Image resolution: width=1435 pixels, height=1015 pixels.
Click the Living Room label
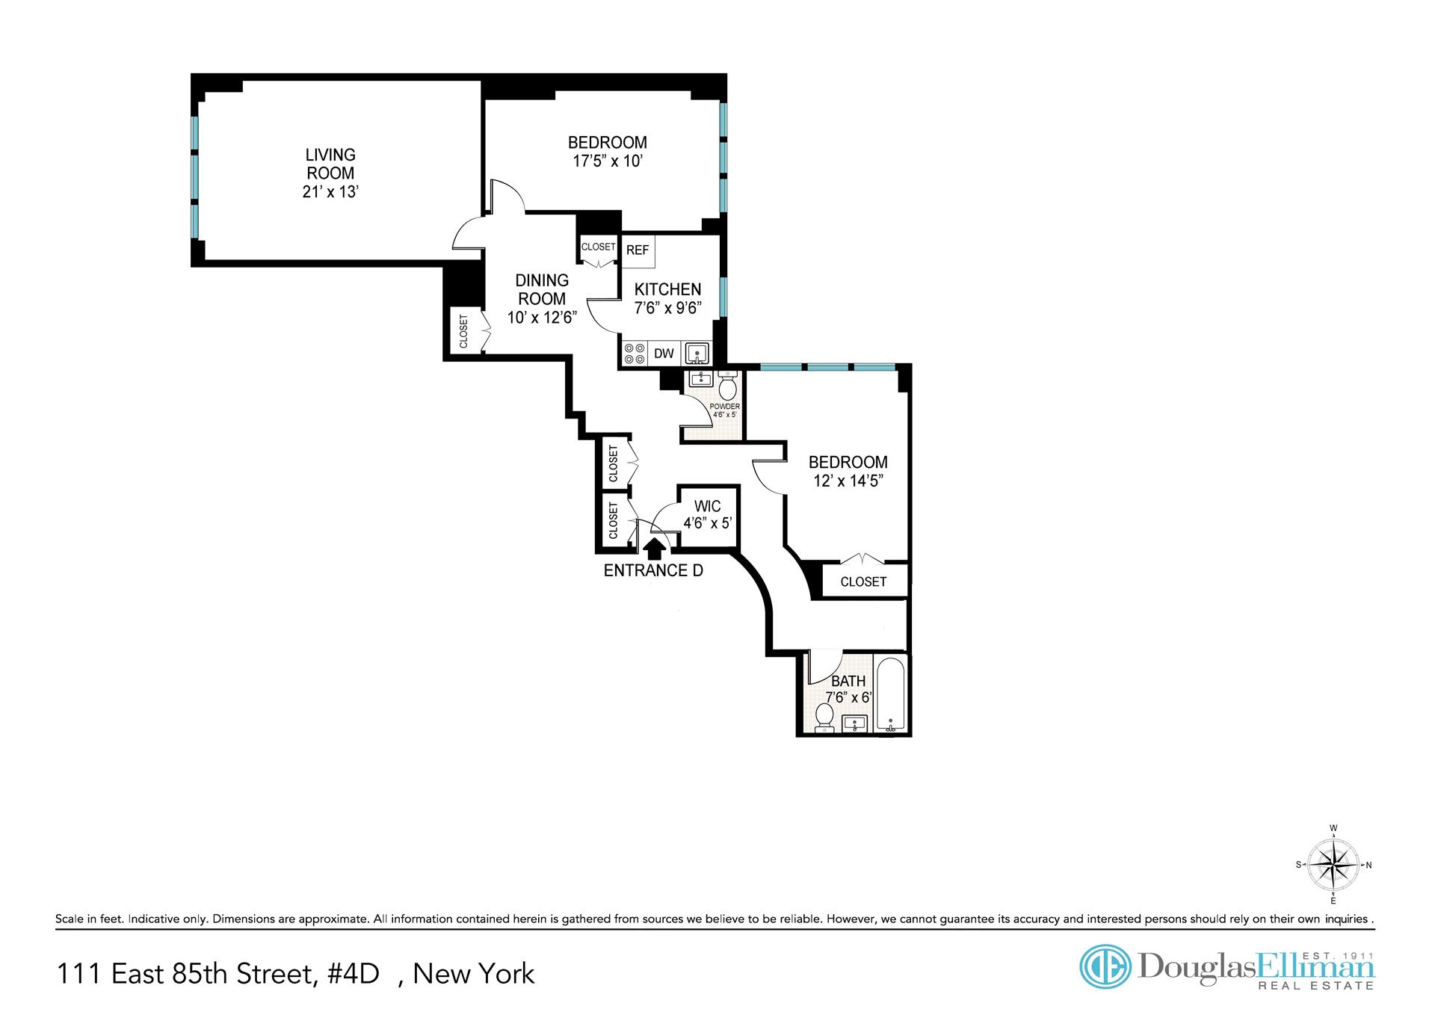tap(330, 164)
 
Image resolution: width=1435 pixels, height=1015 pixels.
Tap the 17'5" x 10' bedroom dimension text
tap(608, 161)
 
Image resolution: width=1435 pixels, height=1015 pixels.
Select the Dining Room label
tap(542, 289)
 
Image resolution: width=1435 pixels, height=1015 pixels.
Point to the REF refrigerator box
tap(638, 250)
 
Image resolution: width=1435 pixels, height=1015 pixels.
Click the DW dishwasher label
tap(664, 354)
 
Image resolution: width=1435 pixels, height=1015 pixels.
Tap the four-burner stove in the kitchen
tap(635, 354)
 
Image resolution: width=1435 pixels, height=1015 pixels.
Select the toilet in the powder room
tap(727, 386)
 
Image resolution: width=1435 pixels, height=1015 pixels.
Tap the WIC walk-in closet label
tap(707, 507)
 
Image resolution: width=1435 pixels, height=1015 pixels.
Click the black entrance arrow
tap(655, 549)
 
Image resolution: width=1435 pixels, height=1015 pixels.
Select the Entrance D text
tap(653, 571)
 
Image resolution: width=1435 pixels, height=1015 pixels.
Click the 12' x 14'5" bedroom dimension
tap(848, 481)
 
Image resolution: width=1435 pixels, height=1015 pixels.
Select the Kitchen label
tap(667, 289)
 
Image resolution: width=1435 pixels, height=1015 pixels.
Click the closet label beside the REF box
tap(599, 247)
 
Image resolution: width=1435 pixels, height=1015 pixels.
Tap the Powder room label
tap(724, 407)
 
